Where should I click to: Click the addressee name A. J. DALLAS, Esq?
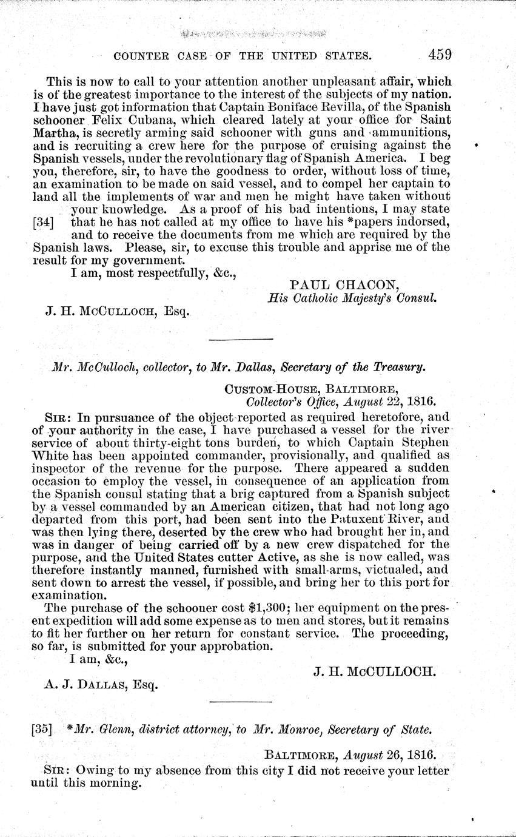[x=101, y=684]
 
